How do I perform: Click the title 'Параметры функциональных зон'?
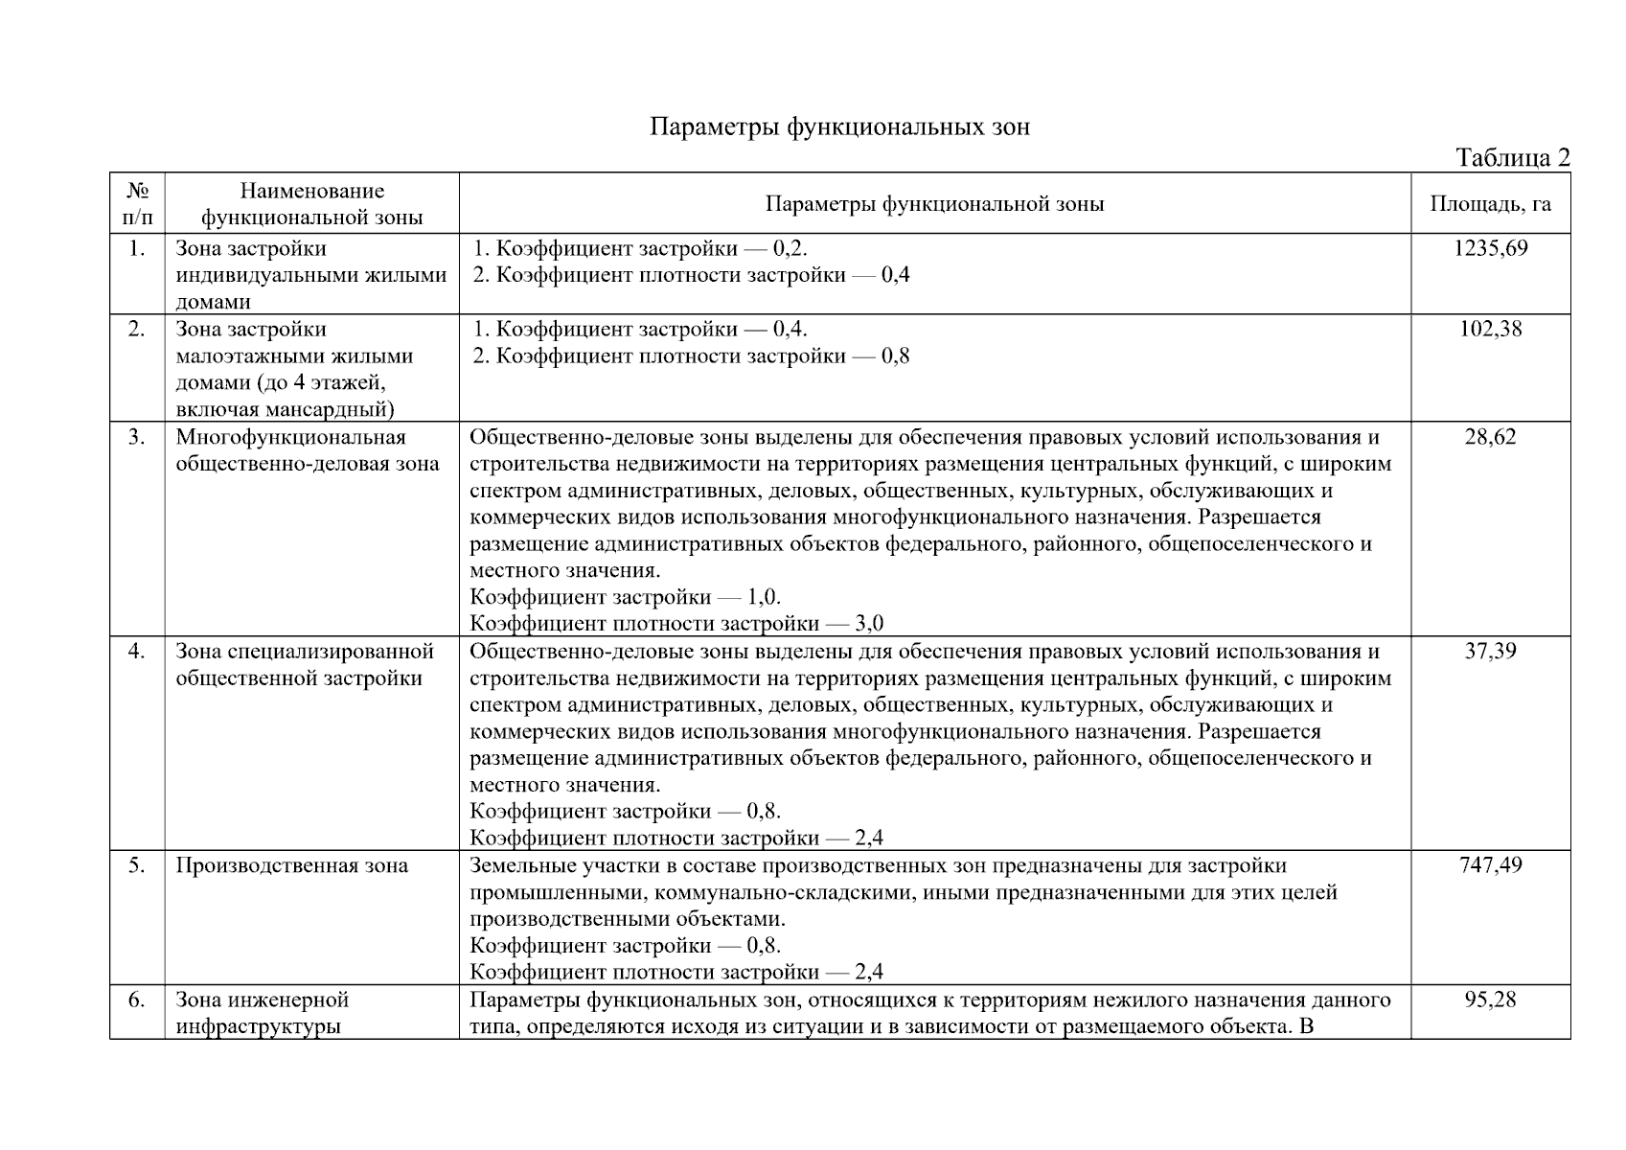click(839, 126)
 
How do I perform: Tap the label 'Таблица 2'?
click(1512, 157)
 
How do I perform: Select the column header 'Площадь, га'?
click(1490, 203)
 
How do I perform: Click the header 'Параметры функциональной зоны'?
click(934, 203)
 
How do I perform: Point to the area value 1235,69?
click(1490, 248)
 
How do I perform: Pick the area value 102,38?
click(1490, 329)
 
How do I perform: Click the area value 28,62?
click(1490, 437)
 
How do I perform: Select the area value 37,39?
click(1490, 652)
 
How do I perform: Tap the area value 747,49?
click(1490, 865)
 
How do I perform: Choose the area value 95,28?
click(1490, 1000)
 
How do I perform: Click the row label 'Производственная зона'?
click(291, 865)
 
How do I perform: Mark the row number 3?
click(137, 437)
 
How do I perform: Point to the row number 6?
click(137, 1000)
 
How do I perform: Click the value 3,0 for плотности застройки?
click(868, 624)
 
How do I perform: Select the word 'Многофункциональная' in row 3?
click(291, 437)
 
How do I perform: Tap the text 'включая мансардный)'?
click(285, 410)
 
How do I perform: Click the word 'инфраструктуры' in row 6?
click(258, 1026)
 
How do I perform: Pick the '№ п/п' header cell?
click(137, 203)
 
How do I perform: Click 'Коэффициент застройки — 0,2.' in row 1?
click(640, 248)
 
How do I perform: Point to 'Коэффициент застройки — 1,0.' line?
click(625, 597)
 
